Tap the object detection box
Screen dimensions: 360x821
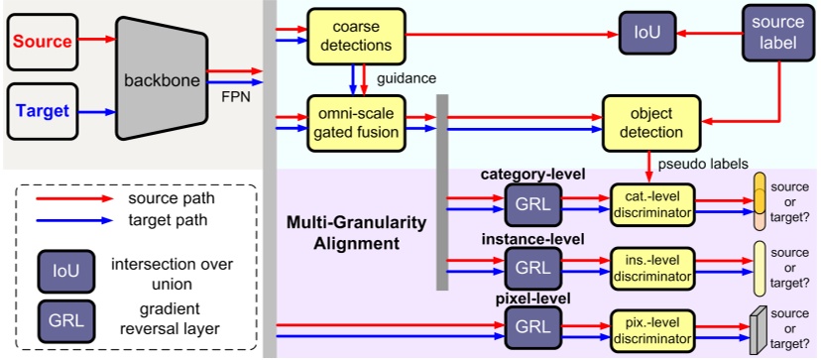(650, 123)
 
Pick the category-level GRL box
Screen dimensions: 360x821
(532, 205)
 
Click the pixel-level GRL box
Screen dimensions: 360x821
(532, 327)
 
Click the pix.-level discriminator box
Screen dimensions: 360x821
(649, 327)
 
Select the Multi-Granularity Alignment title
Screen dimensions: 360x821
(352, 232)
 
